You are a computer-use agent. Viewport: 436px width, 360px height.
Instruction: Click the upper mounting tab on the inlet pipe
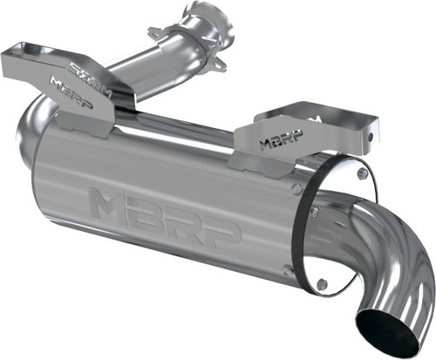click(157, 33)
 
